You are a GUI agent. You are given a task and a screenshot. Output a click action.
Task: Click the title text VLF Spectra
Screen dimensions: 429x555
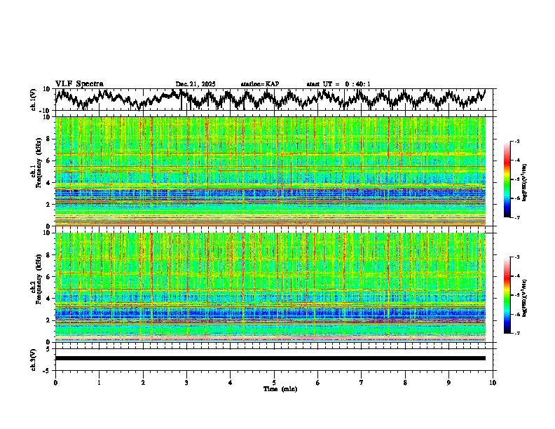pos(79,83)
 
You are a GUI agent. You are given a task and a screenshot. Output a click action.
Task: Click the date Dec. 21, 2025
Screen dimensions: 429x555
pos(196,84)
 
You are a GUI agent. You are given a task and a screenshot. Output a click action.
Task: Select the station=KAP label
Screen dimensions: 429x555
pos(260,84)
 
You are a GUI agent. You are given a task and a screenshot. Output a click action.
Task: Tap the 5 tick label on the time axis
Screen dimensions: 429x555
pos(274,382)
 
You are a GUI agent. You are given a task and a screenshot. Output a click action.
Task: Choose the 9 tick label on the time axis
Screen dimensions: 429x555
pos(449,382)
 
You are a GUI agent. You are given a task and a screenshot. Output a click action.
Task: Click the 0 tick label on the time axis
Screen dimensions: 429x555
pos(55,382)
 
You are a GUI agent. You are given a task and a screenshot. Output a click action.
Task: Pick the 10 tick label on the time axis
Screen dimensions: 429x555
pos(493,382)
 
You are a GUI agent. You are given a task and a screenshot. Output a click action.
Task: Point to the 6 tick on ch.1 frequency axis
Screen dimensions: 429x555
pos(50,161)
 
